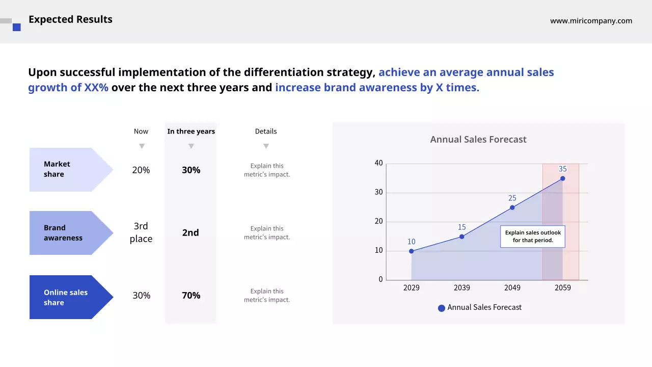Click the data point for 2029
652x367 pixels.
[x=412, y=251]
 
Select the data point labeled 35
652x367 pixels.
[x=562, y=178]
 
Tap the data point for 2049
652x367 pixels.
[x=512, y=207]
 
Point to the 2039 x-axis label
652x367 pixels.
[x=461, y=287]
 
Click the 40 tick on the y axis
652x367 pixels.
[x=378, y=163]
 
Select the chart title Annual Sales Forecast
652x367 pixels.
[x=478, y=139]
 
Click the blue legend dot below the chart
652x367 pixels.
[x=442, y=308]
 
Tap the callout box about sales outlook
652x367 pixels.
[x=533, y=237]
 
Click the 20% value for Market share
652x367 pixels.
[x=141, y=170]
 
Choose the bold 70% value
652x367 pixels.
[x=191, y=296]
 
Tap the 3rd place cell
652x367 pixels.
[x=141, y=232]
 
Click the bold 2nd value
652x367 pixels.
[x=191, y=233]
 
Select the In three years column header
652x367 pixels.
[x=191, y=132]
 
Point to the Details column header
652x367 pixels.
[x=266, y=132]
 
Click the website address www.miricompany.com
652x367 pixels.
[x=591, y=21]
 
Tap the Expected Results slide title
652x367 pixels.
[x=70, y=19]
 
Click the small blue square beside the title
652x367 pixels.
[x=17, y=28]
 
